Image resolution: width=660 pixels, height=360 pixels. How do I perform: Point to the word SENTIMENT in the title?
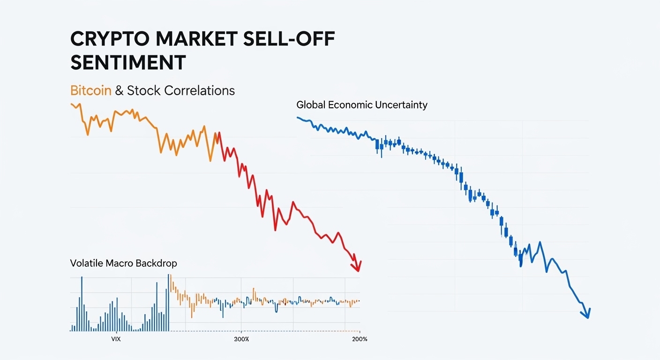click(128, 63)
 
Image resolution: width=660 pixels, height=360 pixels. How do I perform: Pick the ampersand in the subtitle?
click(119, 90)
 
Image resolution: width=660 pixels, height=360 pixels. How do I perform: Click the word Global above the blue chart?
click(311, 105)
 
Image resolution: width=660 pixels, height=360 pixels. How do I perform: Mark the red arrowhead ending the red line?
click(358, 268)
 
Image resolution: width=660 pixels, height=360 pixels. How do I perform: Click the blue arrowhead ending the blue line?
click(587, 315)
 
